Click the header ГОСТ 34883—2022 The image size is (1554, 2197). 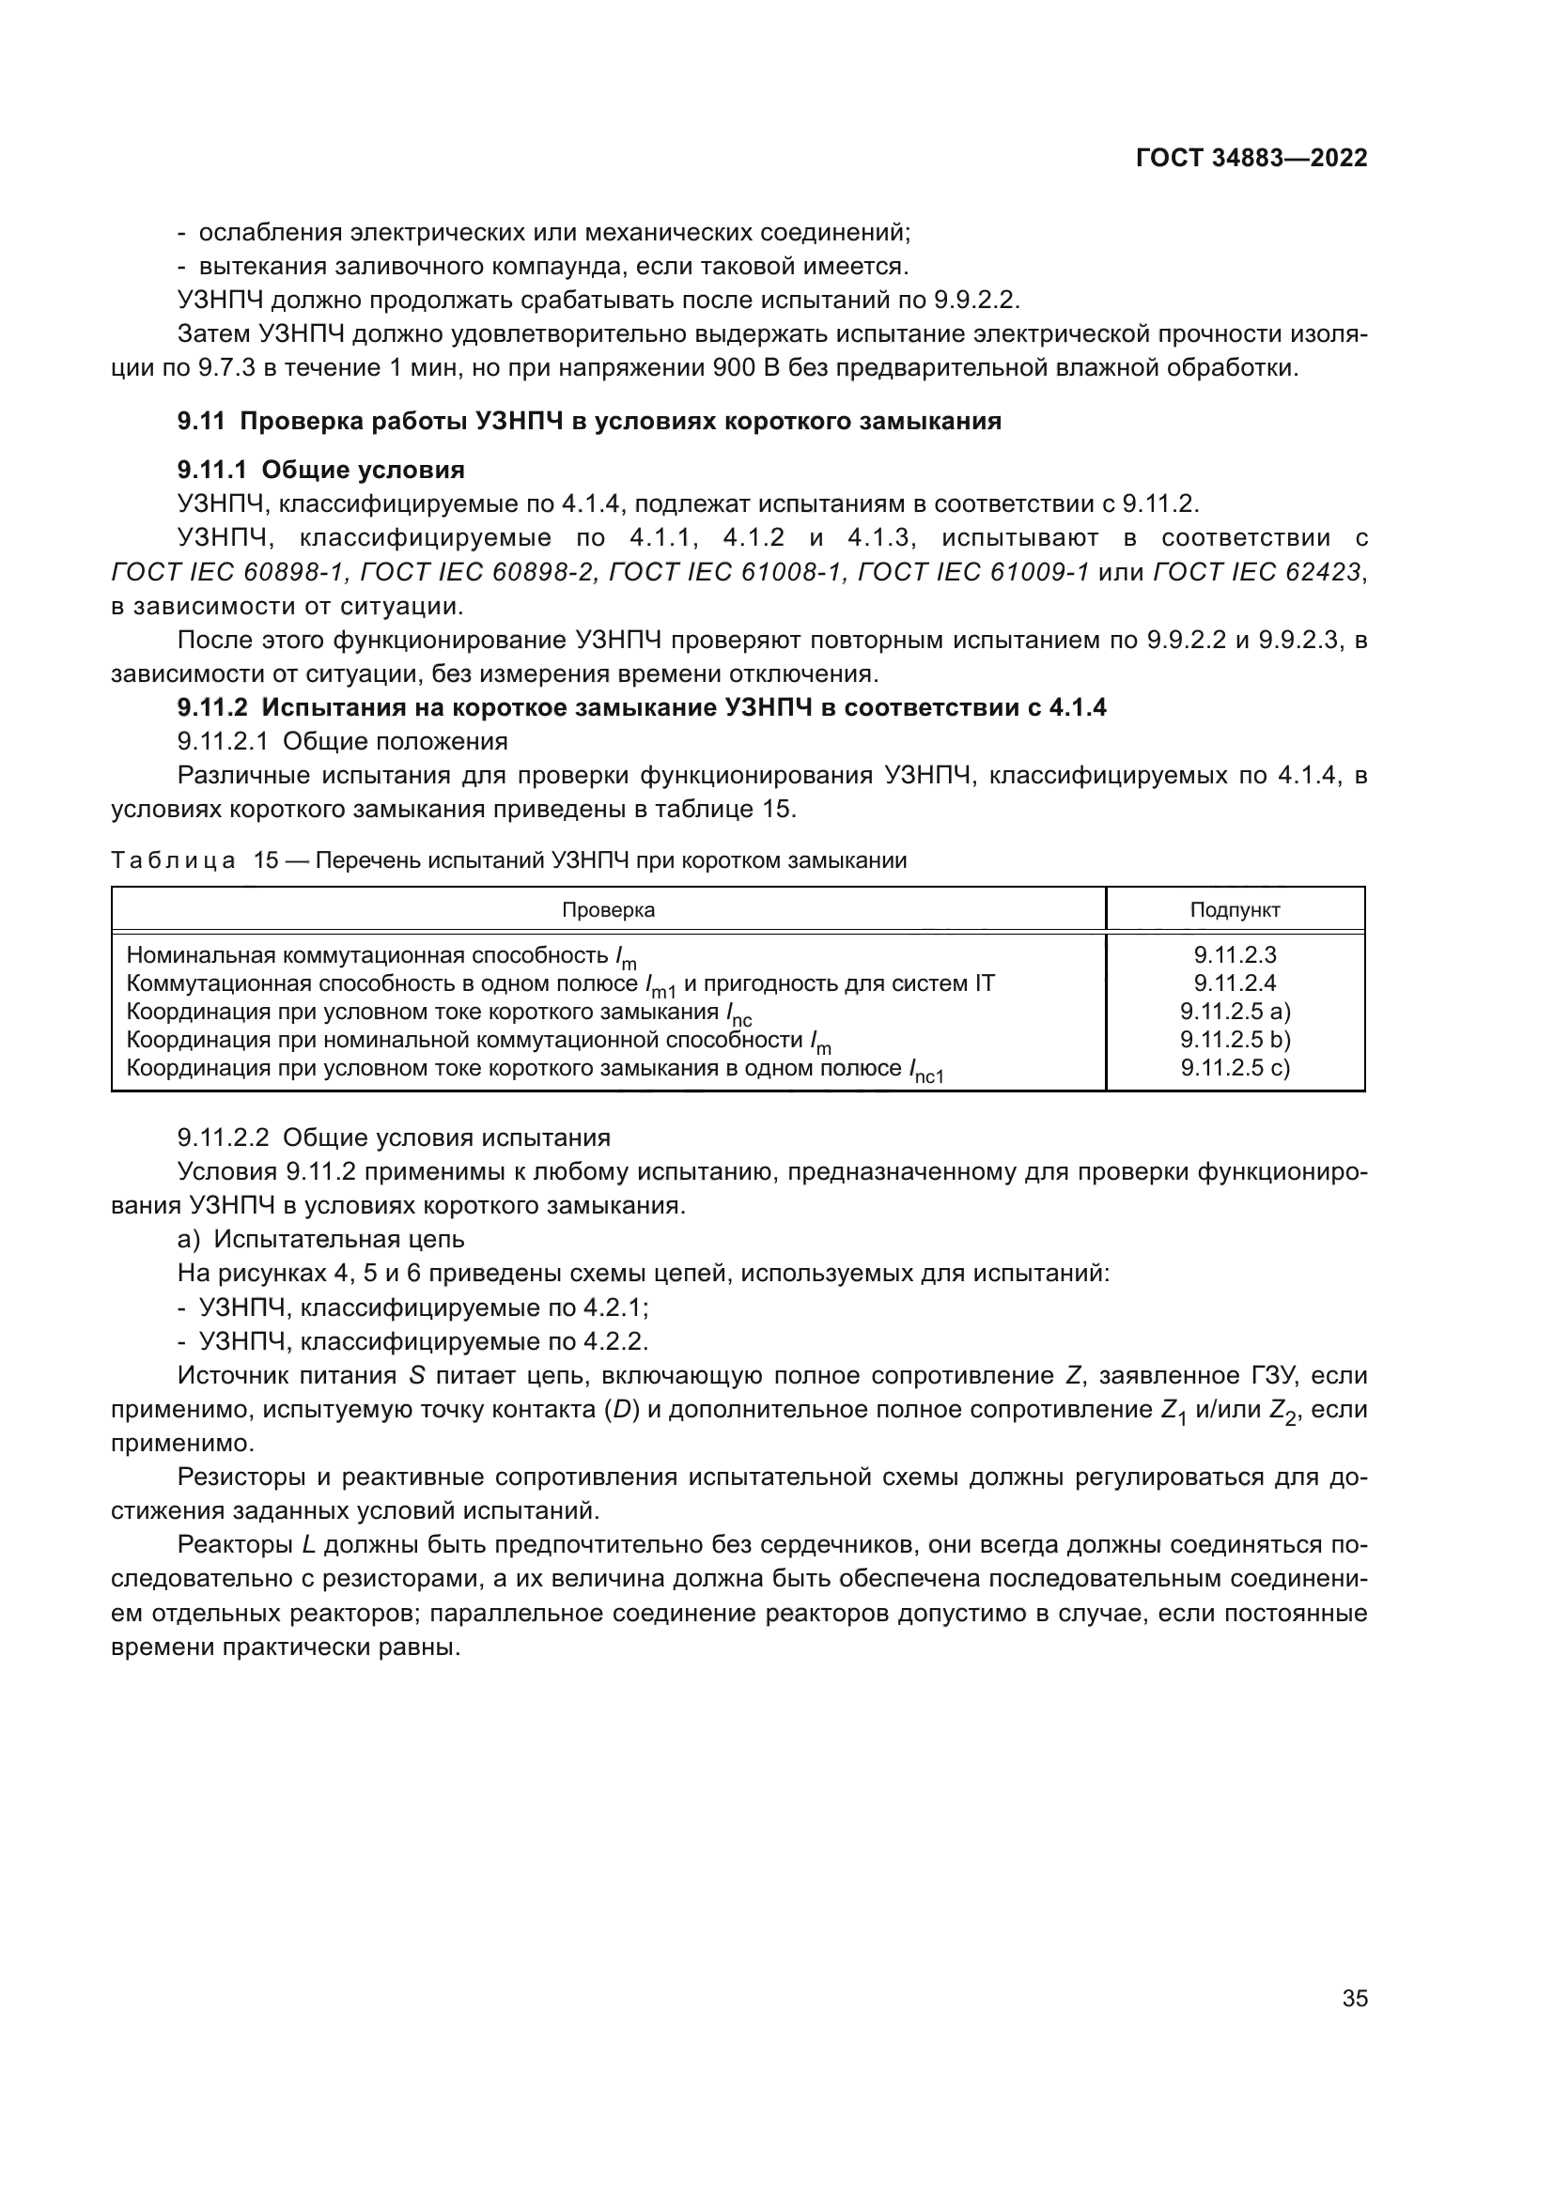pos(1251,158)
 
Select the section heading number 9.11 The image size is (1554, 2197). pos(201,421)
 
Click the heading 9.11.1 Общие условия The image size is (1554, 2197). pos(320,470)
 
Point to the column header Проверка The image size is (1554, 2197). pos(608,910)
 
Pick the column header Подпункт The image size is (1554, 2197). pos(1235,910)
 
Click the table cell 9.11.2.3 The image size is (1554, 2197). pos(1235,955)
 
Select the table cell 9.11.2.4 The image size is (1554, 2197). pos(1235,982)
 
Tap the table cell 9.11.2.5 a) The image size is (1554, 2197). pos(1235,1012)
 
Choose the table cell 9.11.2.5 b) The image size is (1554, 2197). pos(1235,1039)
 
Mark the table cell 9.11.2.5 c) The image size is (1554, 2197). pos(1235,1067)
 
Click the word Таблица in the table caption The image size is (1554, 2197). pos(173,860)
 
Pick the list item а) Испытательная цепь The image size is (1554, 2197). pos(320,1239)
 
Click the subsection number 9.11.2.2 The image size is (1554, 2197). pos(223,1137)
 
